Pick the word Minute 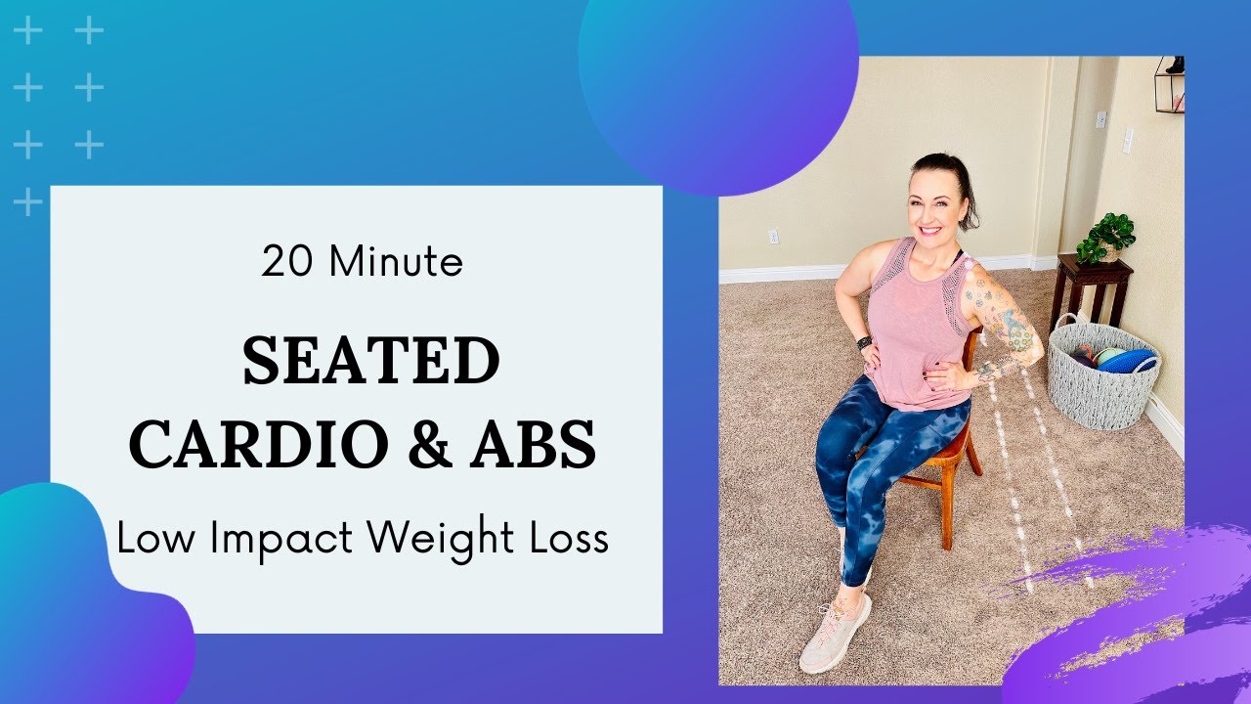(x=396, y=262)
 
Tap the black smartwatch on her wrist (x=863, y=343)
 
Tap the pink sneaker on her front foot (x=836, y=633)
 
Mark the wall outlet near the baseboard (x=773, y=236)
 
